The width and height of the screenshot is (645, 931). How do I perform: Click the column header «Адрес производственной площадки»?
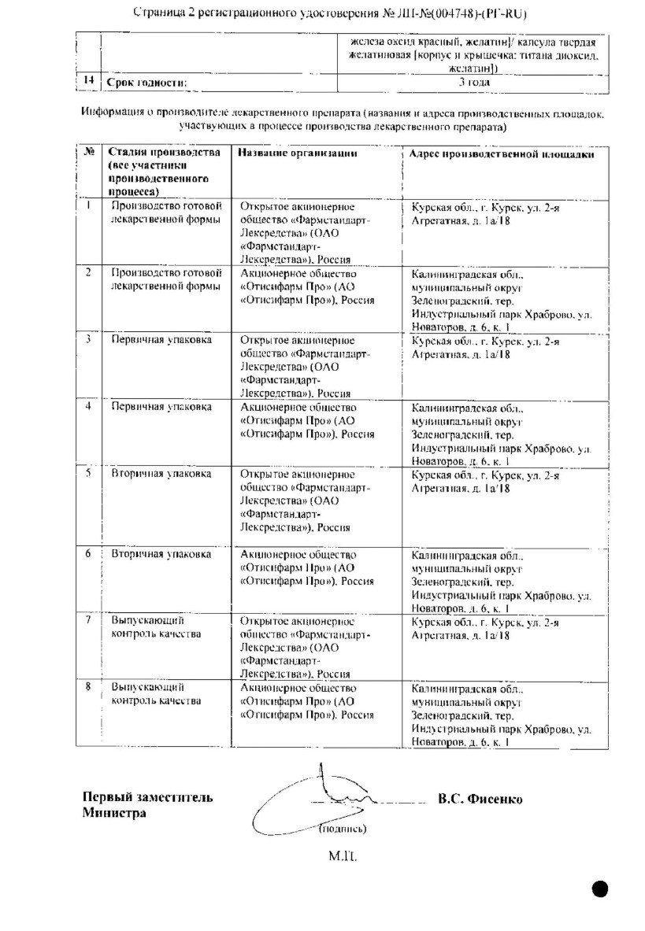point(502,154)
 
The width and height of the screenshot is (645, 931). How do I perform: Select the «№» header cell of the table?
point(89,153)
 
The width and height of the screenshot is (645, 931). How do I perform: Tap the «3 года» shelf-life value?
point(473,82)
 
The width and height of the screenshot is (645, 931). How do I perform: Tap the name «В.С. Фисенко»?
point(480,799)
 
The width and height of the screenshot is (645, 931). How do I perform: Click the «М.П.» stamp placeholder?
point(342,852)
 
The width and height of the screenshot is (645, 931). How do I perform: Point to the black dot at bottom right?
point(600,888)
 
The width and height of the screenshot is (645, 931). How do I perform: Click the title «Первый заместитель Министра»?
point(147,806)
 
